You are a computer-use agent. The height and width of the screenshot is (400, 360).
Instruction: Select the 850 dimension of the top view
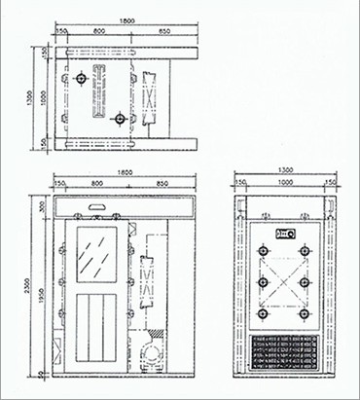[165, 31]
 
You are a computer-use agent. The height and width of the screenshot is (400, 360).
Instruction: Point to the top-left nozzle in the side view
[264, 252]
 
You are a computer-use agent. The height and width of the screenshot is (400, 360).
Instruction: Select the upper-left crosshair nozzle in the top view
[78, 77]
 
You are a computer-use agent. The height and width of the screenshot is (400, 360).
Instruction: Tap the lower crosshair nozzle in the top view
[120, 119]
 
